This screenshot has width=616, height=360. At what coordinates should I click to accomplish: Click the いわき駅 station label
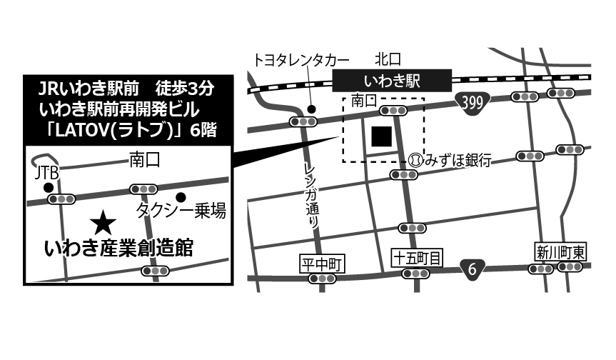[x=392, y=79]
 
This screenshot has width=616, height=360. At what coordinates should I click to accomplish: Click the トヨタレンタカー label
[x=301, y=59]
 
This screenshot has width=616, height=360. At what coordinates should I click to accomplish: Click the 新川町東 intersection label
[x=560, y=251]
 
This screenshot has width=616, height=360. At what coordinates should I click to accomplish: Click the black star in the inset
[x=103, y=224]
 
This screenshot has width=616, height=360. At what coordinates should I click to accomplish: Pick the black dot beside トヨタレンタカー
[x=311, y=109]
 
